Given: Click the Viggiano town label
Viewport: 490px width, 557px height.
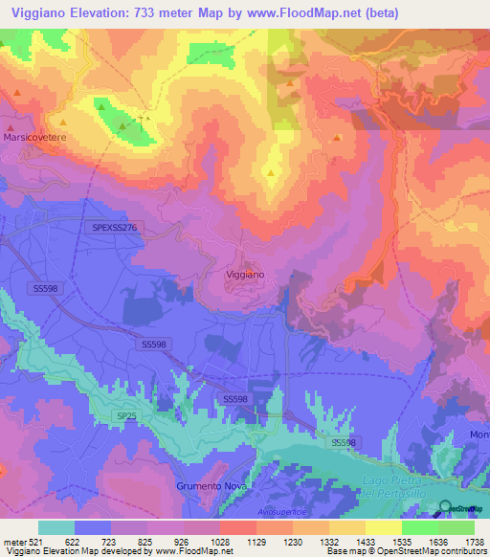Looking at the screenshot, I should pyautogui.click(x=244, y=274).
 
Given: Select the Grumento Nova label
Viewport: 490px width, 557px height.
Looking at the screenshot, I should pyautogui.click(x=206, y=486).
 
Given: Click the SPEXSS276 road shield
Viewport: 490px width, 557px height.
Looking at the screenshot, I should pyautogui.click(x=116, y=227).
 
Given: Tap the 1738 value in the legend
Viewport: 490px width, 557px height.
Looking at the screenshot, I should pyautogui.click(x=475, y=541).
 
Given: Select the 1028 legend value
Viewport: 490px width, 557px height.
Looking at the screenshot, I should pyautogui.click(x=220, y=541).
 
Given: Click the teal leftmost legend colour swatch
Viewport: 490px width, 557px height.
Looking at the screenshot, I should pyautogui.click(x=56, y=527).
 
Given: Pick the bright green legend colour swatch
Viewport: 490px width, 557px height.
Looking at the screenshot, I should pyautogui.click(x=420, y=527).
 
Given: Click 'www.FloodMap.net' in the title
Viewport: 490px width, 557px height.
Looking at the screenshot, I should pyautogui.click(x=305, y=12).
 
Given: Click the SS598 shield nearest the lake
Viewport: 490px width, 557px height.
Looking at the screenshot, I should pyautogui.click(x=344, y=442).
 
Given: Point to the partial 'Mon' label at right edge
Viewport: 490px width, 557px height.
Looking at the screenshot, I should pyautogui.click(x=479, y=435).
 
